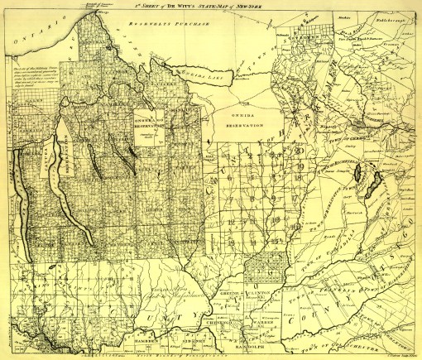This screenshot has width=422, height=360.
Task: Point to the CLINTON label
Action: [262, 295]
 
